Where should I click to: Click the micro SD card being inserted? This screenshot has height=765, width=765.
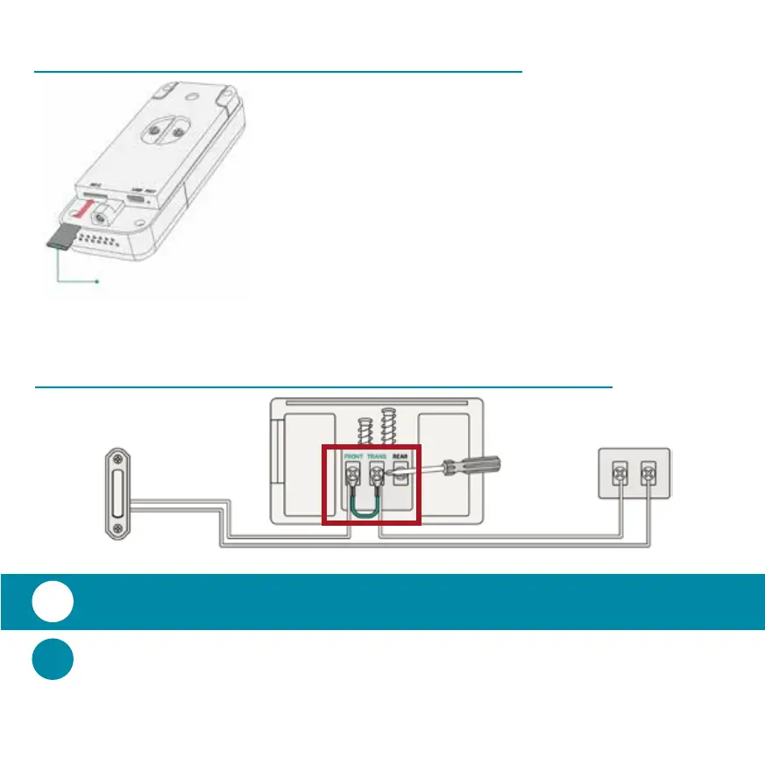click(60, 236)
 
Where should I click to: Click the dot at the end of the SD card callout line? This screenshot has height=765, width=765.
click(96, 282)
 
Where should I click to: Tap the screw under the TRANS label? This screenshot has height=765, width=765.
click(377, 477)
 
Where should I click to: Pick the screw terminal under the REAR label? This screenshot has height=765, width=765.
click(402, 476)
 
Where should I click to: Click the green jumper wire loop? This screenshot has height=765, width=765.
click(364, 508)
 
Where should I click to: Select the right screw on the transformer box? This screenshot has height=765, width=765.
click(648, 474)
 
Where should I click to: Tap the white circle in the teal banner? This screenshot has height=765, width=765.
click(53, 602)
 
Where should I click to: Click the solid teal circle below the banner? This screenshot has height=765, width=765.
click(53, 660)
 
